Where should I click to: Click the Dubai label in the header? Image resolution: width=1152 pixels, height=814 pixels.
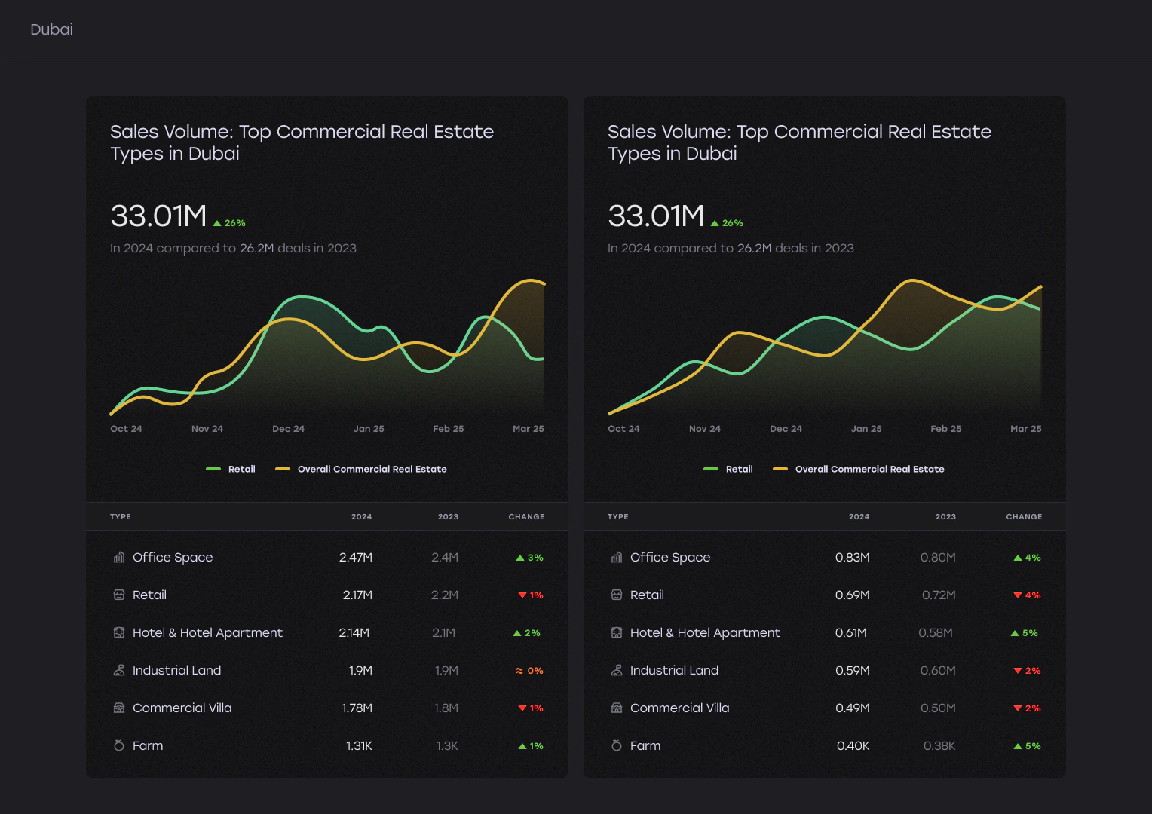51,29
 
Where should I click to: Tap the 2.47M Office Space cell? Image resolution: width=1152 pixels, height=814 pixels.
355,558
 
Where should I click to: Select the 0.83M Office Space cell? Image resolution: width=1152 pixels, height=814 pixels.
852,558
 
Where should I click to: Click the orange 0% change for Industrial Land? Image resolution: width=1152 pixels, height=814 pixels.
529,671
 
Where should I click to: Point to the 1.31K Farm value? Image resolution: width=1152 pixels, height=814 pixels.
359,745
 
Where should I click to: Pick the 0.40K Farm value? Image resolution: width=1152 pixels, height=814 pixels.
853,745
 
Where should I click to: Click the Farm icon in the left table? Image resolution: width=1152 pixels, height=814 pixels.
119,745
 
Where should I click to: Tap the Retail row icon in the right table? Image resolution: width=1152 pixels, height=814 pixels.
617,595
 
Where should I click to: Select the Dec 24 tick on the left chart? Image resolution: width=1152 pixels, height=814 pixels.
288,429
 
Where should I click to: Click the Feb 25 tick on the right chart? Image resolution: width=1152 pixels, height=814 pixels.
945,429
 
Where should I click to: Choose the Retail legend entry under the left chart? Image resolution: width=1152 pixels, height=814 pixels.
231,469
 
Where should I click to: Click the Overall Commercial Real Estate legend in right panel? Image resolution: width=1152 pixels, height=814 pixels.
858,469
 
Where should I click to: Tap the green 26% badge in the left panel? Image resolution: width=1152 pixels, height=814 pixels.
229,223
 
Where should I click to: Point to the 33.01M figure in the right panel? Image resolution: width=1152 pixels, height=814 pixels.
656,216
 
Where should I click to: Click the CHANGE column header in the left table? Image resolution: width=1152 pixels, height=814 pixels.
526,517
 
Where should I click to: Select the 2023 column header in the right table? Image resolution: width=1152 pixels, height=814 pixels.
945,517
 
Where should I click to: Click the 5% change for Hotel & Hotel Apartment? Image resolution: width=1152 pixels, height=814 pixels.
1024,633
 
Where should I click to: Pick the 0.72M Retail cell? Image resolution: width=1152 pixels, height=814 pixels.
939,595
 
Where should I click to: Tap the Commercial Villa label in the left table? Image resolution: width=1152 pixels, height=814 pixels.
182,708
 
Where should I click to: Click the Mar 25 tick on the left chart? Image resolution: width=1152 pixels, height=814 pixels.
529,429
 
